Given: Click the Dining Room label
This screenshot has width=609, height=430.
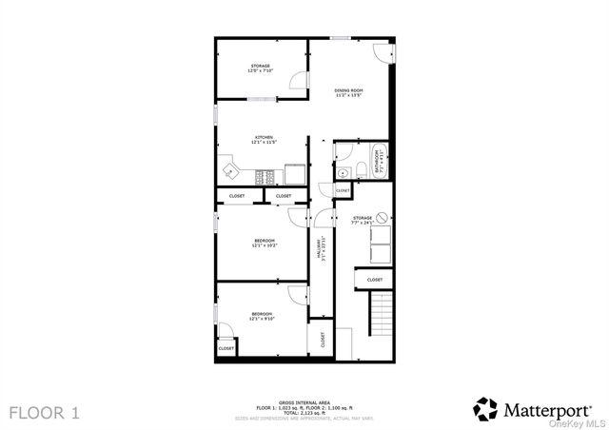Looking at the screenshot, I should coord(348,93).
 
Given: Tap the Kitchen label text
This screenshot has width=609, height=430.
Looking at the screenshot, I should coord(264,140).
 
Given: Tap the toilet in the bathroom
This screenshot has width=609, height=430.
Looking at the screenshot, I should coord(362,170).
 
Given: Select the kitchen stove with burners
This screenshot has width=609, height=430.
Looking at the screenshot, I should coord(266,174).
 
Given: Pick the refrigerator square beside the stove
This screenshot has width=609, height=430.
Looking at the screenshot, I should coord(294,174).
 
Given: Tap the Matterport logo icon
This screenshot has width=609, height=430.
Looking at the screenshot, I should coord(486,409).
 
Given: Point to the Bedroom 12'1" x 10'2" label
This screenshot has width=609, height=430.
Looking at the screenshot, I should coord(264,243).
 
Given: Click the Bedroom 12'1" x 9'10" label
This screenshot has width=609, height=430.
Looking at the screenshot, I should coord(262,317).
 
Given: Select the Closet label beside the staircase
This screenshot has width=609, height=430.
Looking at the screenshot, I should coord(375,280).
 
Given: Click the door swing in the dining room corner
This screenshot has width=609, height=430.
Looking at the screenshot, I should coord(382,53).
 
